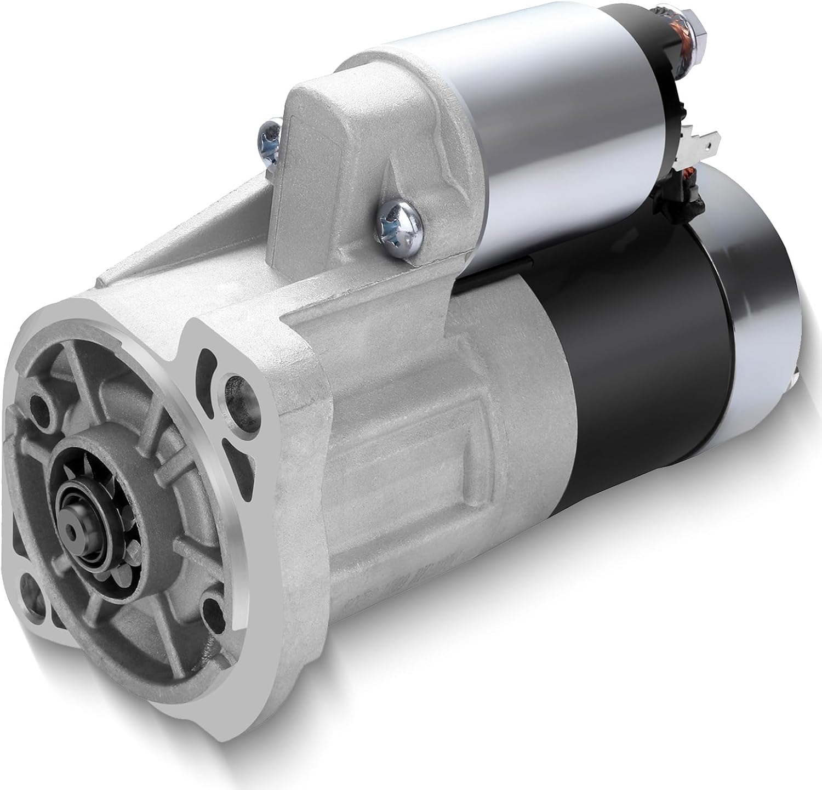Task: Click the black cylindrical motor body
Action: [630, 356]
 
